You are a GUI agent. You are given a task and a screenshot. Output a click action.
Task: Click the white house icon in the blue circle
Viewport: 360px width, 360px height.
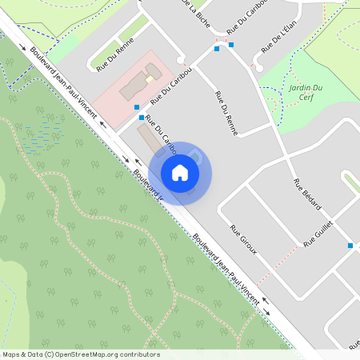pos(180,173)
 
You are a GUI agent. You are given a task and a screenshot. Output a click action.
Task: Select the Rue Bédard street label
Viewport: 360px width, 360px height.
pos(308,195)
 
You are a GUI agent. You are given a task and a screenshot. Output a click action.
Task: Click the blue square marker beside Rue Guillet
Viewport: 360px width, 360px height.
pos(350,246)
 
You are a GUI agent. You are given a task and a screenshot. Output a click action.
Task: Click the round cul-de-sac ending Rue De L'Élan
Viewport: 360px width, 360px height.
pos(259,68)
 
